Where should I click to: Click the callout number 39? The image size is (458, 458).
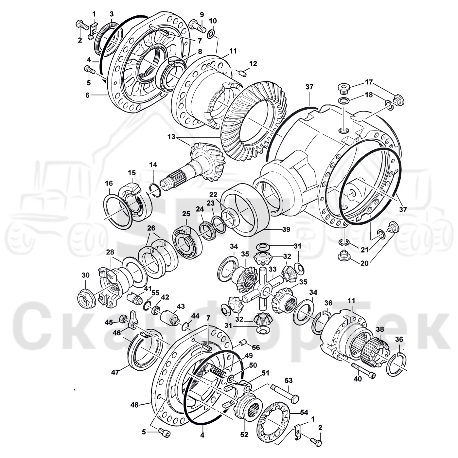(286, 229)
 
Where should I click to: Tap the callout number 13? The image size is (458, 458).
(171, 137)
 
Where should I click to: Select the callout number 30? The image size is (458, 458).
(86, 275)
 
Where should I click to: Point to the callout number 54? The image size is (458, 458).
(304, 412)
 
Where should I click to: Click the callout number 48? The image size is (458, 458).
(134, 405)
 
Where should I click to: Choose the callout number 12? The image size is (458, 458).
(253, 63)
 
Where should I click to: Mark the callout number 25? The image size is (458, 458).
(186, 214)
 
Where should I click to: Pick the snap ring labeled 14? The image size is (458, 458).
(156, 190)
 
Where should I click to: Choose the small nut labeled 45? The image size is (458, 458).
(123, 318)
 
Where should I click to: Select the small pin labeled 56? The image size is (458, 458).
(242, 343)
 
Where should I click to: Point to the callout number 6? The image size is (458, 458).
(87, 95)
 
